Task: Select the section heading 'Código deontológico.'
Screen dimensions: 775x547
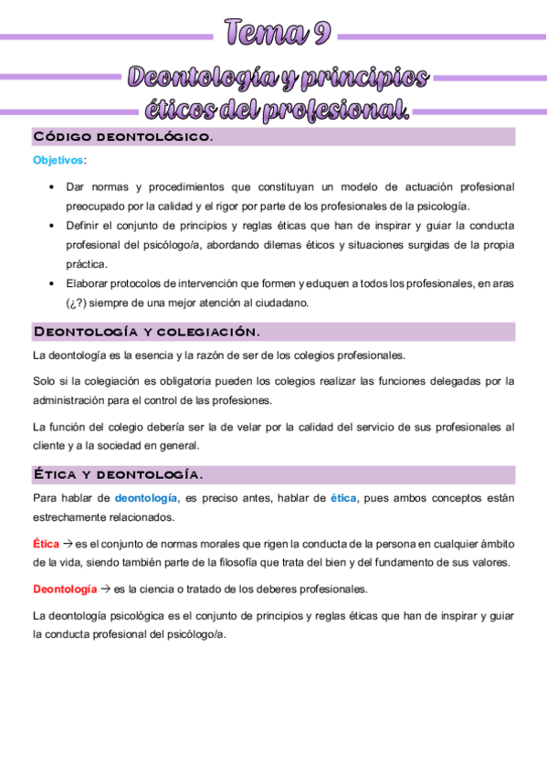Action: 122,137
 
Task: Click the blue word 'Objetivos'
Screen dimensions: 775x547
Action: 57,161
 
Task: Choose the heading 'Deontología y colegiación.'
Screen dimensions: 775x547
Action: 146,332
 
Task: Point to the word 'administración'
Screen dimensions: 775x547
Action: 67,399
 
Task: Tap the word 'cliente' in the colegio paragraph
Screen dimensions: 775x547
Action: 48,445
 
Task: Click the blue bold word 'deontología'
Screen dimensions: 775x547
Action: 146,498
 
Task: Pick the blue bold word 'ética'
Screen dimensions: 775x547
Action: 342,498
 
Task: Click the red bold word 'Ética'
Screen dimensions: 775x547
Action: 46,543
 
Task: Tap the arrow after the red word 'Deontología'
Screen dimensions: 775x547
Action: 105,589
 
